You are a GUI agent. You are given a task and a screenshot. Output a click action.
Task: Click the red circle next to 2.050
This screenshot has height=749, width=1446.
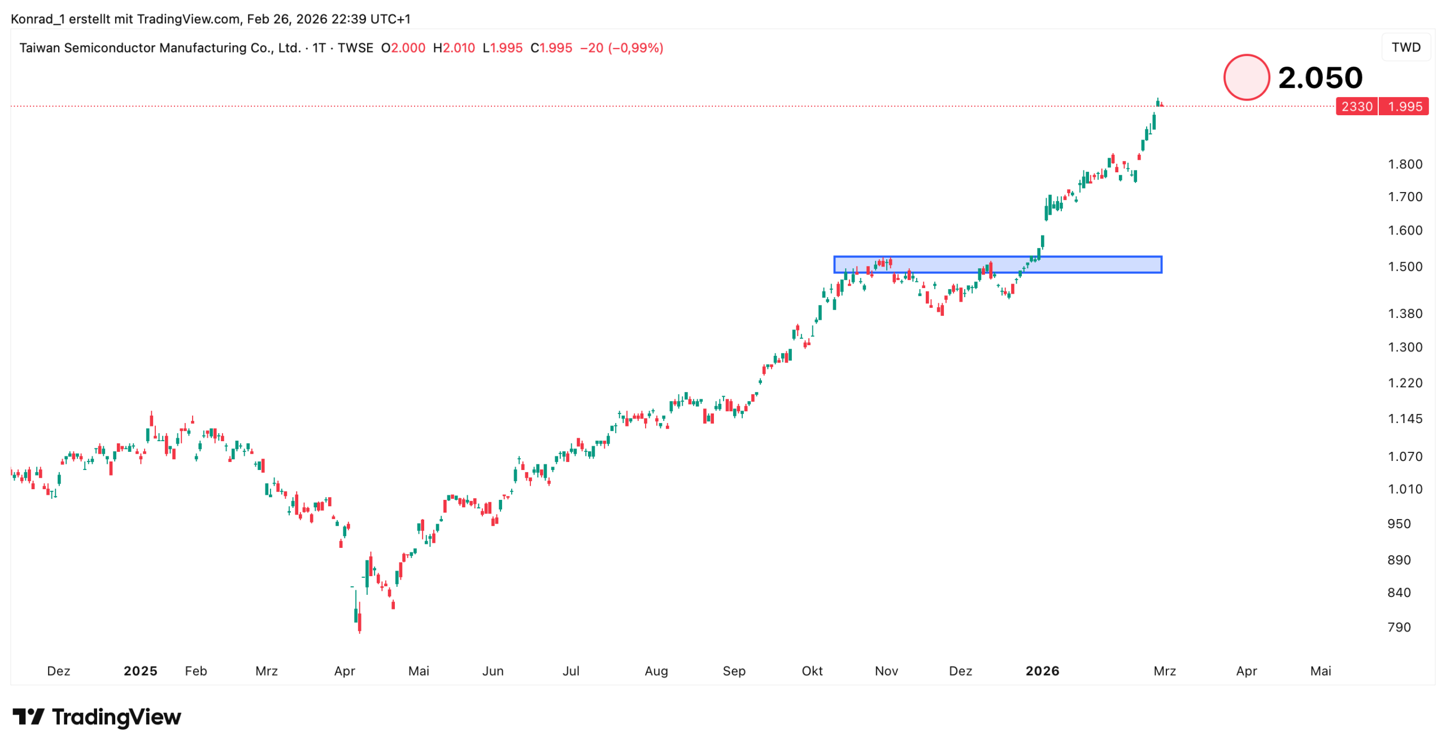pyautogui.click(x=1245, y=77)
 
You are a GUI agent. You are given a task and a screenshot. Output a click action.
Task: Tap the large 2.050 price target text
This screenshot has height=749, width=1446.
pyautogui.click(x=1319, y=77)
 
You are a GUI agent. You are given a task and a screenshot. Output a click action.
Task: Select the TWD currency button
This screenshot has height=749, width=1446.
pyautogui.click(x=1405, y=47)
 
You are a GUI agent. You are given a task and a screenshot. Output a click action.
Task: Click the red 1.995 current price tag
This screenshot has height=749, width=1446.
pyautogui.click(x=1404, y=107)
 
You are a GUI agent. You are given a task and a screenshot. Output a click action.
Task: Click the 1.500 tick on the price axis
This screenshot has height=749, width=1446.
pyautogui.click(x=1404, y=267)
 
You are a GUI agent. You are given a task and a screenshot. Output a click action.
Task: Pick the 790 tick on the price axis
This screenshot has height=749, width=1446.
pyautogui.click(x=1399, y=627)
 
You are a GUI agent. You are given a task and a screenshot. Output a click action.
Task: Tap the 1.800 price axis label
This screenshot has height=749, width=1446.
pyautogui.click(x=1404, y=164)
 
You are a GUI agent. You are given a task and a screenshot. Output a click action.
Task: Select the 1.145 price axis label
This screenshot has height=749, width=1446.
pyautogui.click(x=1404, y=419)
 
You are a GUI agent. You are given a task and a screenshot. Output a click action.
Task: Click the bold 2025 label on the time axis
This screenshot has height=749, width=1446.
pyautogui.click(x=140, y=670)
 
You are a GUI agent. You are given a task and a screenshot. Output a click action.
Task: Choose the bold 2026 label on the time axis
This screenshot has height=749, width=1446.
pyautogui.click(x=1042, y=670)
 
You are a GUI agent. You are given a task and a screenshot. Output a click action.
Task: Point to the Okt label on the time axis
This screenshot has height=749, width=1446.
pyautogui.click(x=812, y=670)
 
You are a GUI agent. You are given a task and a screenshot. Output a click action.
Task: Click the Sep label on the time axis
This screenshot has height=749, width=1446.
pyautogui.click(x=734, y=670)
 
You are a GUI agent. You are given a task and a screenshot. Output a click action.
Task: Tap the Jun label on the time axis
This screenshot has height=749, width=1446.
pyautogui.click(x=493, y=670)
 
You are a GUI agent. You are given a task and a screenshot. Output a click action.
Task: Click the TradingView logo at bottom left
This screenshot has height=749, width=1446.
pyautogui.click(x=97, y=717)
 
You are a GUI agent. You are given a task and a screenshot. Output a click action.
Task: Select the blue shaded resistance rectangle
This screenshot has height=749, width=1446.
pyautogui.click(x=997, y=265)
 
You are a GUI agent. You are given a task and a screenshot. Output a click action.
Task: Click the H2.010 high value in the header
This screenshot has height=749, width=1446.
pyautogui.click(x=454, y=48)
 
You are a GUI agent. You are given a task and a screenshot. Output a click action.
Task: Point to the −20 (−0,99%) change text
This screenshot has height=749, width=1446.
pyautogui.click(x=621, y=48)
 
